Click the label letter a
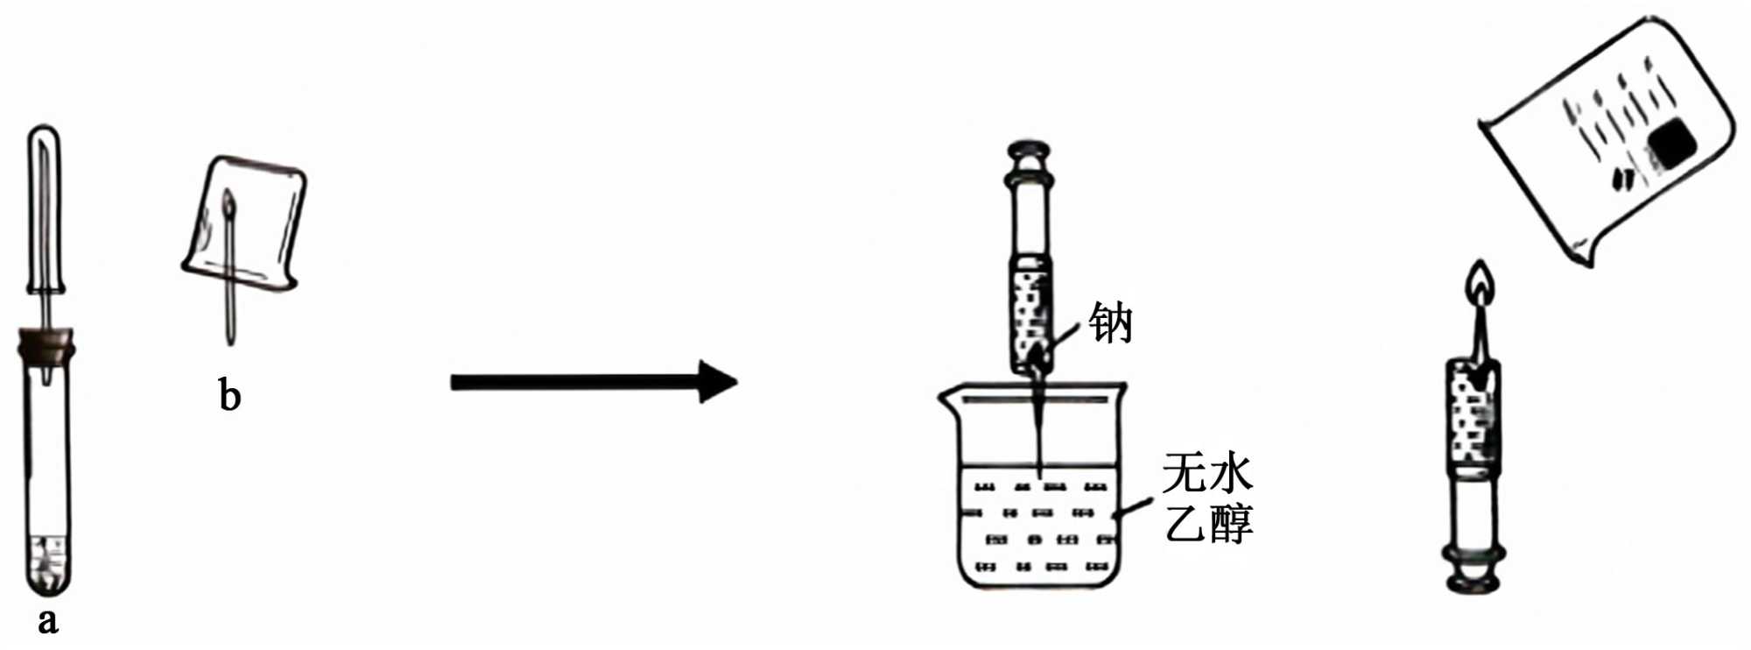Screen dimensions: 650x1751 point(48,621)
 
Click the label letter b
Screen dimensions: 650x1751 point(229,396)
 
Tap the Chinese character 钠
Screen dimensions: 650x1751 point(1111,323)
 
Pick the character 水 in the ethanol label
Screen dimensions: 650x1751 point(1231,474)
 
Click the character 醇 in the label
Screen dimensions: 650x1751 point(1231,523)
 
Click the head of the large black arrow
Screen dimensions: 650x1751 point(718,382)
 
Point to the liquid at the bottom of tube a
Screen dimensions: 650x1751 point(46,565)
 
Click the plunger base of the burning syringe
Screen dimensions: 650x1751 point(1474,574)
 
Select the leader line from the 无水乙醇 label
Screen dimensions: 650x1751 point(1136,507)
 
